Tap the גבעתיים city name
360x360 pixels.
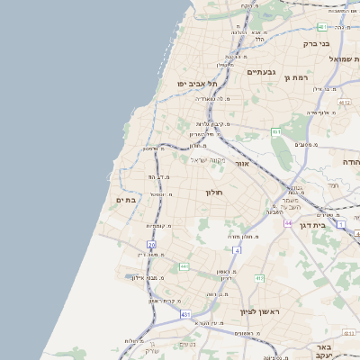pos(262,71)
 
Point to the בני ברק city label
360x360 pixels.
pos(339,43)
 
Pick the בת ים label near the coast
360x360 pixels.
pos(127,200)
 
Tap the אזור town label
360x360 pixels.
pos(241,165)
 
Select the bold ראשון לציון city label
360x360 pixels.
pos(261,312)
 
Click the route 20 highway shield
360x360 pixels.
pos(151,244)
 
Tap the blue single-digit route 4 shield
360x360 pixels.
pos(237,250)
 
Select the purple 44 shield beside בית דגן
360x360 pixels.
pos(287,222)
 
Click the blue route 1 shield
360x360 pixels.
pos(342,223)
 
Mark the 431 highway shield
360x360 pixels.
pos(185,314)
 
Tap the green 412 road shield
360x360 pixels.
pos(259,278)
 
